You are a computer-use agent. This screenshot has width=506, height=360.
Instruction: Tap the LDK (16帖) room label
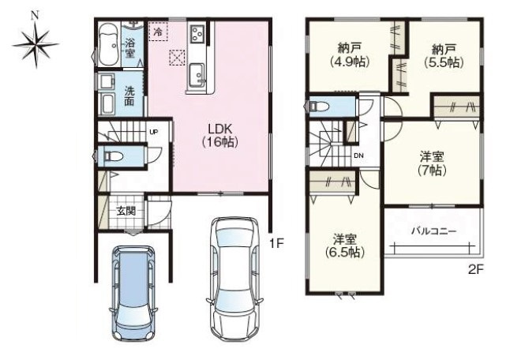coord(220,136)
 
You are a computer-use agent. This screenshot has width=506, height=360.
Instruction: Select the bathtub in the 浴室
coord(109,45)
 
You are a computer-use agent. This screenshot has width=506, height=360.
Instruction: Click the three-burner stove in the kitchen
coord(197,33)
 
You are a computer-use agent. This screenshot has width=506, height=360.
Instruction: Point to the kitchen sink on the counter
coord(197,75)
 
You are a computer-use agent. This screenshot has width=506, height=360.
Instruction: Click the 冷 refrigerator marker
coord(158,32)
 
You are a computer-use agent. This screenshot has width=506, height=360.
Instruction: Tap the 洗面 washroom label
coord(129,96)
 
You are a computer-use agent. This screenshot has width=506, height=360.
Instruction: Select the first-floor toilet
coord(112,156)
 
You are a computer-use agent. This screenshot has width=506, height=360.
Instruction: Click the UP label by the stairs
coord(154,132)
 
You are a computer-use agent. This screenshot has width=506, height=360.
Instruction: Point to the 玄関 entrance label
coord(126,211)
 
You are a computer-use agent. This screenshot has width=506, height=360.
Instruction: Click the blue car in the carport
coord(133,293)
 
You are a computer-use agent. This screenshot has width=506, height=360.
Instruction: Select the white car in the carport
coord(234,279)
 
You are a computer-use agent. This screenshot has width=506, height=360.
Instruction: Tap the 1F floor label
coord(276,243)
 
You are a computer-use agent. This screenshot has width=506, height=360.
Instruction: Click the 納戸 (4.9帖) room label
coord(350,55)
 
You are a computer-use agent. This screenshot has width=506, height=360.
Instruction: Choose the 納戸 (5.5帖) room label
coord(444,55)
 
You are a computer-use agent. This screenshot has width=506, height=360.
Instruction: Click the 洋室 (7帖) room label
coord(432,163)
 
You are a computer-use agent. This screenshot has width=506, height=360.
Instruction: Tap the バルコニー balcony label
coord(433,231)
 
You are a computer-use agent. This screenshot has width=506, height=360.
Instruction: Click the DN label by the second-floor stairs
coord(358,156)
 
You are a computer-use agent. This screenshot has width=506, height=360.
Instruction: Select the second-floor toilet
coord(318,107)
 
